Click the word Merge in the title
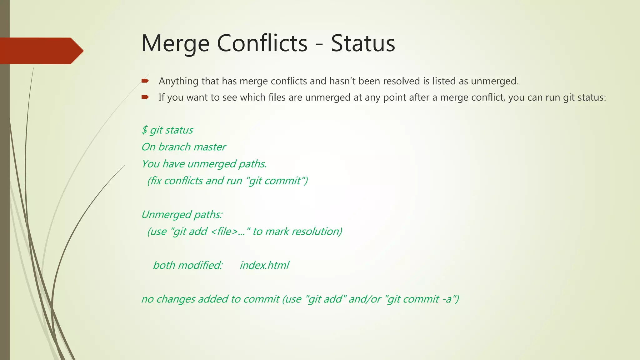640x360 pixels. pos(175,43)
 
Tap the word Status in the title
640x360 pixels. pos(363,43)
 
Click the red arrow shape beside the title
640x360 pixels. pos(41,51)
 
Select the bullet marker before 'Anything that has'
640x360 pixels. pos(145,81)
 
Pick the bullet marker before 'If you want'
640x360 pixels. pos(145,97)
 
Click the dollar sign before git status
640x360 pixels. pos(144,130)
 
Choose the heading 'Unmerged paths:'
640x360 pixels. pos(182,215)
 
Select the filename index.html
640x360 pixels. pos(264,265)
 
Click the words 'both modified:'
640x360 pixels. pos(188,265)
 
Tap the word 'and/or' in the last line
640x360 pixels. pos(365,299)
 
